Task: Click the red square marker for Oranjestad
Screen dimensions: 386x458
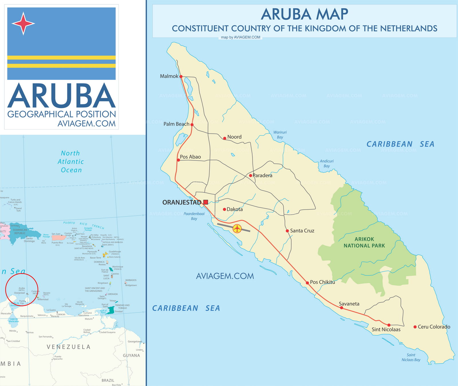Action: pos(206,202)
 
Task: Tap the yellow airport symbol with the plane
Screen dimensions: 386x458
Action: pos(237,229)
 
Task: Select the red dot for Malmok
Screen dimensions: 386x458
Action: pos(181,76)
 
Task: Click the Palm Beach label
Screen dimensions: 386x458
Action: pos(176,124)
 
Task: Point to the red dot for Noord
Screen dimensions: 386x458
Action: pos(225,138)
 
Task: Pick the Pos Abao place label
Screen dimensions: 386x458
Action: pos(190,157)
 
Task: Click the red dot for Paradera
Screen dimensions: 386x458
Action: pos(250,175)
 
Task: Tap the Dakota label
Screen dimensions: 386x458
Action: pos(235,209)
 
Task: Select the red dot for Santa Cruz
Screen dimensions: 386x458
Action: pos(287,231)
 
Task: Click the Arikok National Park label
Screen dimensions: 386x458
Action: pos(364,242)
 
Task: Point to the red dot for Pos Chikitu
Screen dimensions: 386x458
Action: pos(307,283)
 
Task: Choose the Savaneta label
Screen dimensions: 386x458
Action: pos(349,304)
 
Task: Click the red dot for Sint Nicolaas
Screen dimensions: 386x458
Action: pos(389,325)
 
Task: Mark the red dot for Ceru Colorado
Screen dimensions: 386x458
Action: pos(415,327)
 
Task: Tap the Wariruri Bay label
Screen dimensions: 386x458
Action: pos(280,135)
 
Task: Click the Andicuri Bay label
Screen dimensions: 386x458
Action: pos(327,164)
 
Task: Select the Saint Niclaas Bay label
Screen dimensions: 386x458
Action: pos(411,357)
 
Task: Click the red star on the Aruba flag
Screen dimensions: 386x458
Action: pos(23,23)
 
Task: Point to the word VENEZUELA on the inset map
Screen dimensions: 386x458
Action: pos(69,347)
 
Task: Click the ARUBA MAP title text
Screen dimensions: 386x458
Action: pos(305,14)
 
